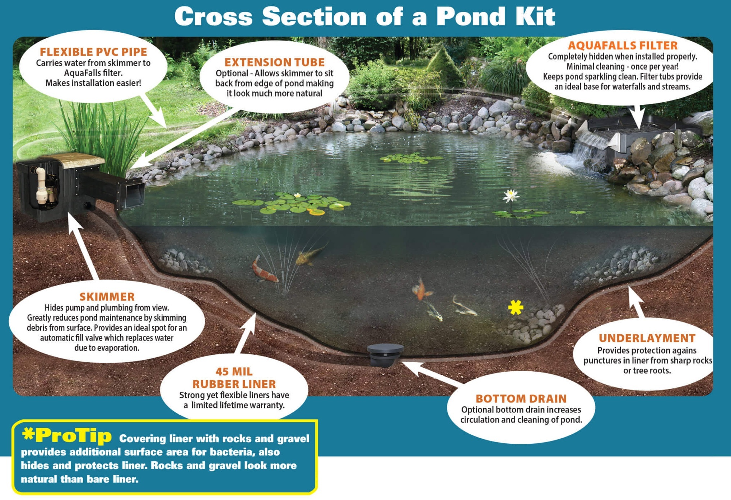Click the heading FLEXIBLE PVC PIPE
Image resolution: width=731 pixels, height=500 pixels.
click(x=93, y=52)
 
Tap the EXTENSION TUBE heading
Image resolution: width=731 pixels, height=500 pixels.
click(x=274, y=62)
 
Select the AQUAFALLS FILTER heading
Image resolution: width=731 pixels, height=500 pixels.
click(x=623, y=46)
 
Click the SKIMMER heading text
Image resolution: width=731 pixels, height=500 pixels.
click(x=107, y=297)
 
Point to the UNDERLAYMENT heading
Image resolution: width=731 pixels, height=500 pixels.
click(x=647, y=338)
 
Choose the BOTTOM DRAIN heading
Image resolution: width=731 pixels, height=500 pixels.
click(x=521, y=398)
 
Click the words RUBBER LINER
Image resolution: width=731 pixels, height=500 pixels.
click(x=234, y=384)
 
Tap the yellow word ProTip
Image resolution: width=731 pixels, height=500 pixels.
click(x=74, y=436)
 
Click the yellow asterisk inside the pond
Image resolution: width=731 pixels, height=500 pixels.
click(x=516, y=307)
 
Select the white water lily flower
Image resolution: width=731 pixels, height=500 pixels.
click(x=511, y=195)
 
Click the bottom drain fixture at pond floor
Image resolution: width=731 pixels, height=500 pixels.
click(x=385, y=354)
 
